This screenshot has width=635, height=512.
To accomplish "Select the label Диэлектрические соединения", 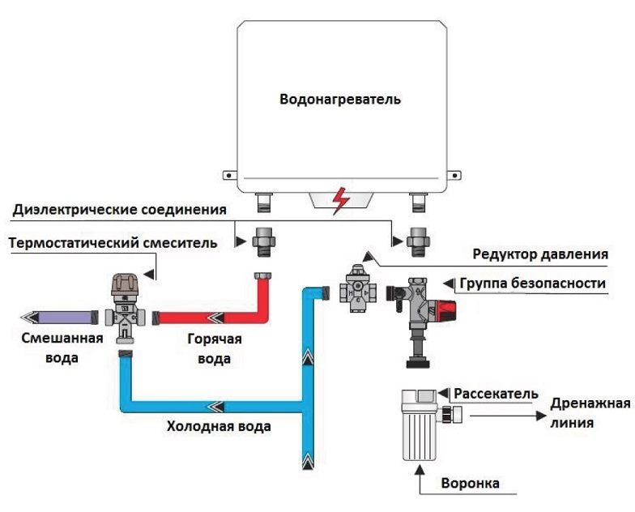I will pos(119,211).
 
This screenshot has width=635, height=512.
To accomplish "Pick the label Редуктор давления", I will pos(540,254).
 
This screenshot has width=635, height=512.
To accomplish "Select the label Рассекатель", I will pos(495,394).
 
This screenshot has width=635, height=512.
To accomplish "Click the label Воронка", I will pos(470,484).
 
